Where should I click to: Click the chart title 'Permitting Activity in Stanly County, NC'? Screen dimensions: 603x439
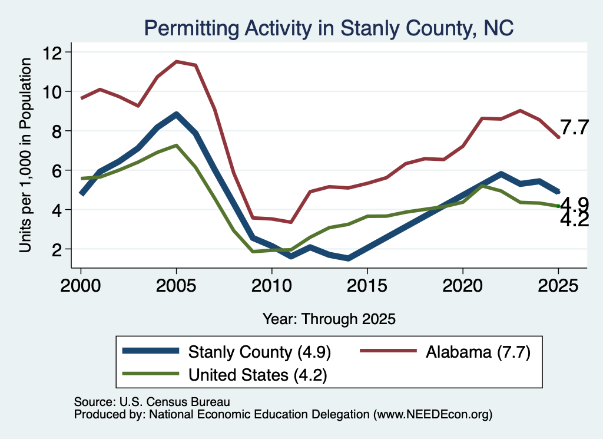click(x=329, y=28)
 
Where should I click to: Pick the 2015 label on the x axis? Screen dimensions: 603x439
click(x=367, y=285)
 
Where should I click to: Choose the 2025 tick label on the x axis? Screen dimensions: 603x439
click(x=558, y=285)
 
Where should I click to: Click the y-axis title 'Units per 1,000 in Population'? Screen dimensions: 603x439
click(x=25, y=156)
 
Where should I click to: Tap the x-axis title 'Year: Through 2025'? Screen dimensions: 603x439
click(x=329, y=319)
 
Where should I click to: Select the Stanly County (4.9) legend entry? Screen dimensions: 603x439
click(x=227, y=352)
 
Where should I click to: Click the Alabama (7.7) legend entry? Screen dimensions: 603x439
click(x=445, y=352)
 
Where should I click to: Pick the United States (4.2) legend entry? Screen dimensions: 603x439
click(x=224, y=374)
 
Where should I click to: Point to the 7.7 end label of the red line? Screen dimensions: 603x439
click(x=574, y=127)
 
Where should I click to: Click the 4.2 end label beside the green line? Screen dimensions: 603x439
click(x=574, y=220)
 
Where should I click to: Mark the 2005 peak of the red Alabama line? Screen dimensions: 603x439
click(x=176, y=61)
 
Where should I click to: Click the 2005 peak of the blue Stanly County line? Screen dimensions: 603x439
click(x=176, y=114)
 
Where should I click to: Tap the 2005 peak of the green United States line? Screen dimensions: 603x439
click(x=176, y=146)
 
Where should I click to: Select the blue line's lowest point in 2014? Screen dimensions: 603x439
click(x=349, y=259)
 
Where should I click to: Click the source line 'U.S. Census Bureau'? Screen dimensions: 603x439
click(x=175, y=402)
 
